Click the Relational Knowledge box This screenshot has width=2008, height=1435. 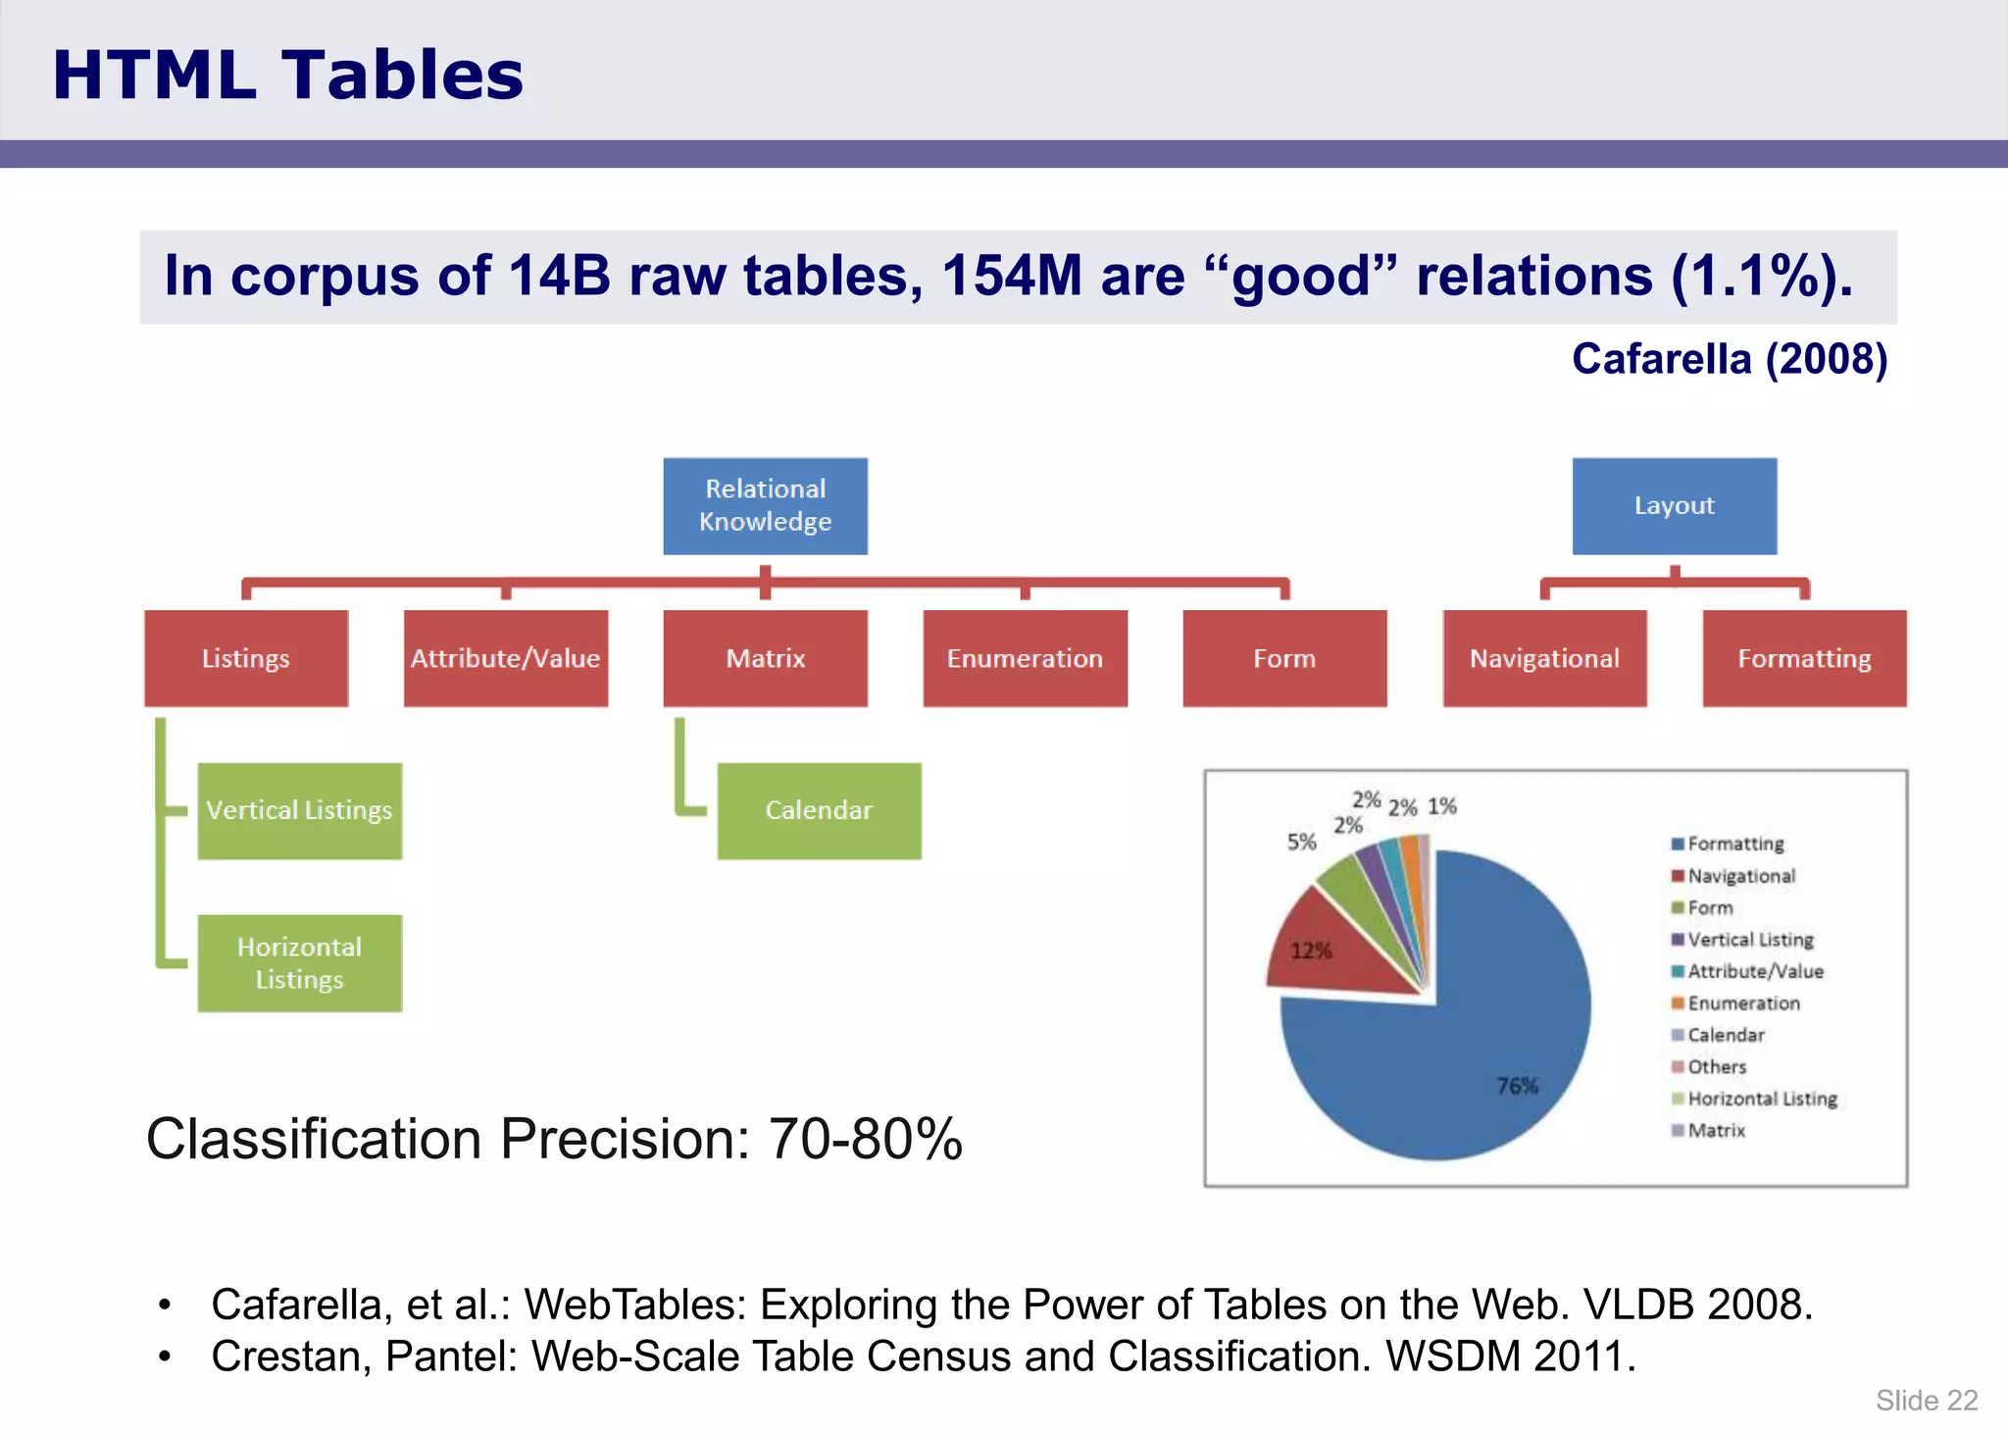coord(765,505)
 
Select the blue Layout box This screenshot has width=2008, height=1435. coord(1674,505)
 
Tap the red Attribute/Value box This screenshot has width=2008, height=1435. coord(505,658)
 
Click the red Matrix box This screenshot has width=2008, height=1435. coord(765,658)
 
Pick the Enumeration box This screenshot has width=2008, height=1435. coord(1025,658)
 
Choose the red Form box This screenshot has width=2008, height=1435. coord(1284,658)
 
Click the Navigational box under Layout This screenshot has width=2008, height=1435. coord(1544,658)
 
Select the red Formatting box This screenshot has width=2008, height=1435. coord(1804,658)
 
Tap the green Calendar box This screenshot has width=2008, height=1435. coord(819,810)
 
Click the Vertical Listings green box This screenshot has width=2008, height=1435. coord(299,810)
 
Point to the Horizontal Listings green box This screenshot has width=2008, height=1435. coord(299,962)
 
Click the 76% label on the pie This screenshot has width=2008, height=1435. coord(1517,1086)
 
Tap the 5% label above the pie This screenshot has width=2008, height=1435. coord(1301,842)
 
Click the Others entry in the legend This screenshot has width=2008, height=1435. coord(1716,1066)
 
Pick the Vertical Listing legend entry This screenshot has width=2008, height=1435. coord(1749,940)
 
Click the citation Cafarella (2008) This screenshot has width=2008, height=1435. coord(1729,359)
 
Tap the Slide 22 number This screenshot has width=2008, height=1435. coord(1926,1400)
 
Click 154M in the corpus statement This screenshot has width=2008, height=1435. coord(1011,276)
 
